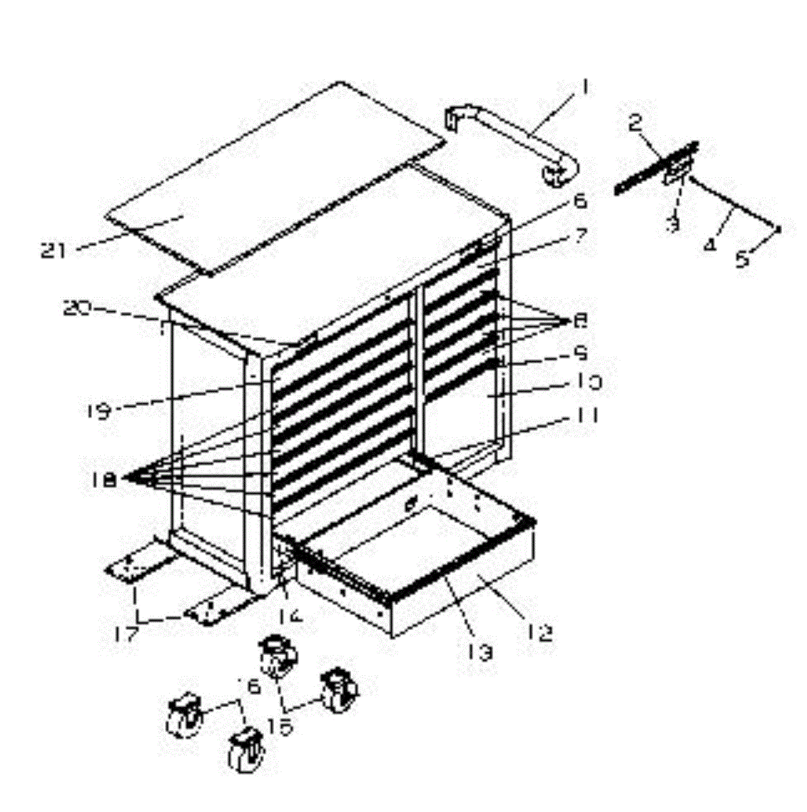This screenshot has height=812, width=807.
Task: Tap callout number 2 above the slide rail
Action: [x=635, y=124]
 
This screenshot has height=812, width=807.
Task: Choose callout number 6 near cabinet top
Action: [x=580, y=202]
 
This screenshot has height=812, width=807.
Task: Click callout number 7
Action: [x=580, y=236]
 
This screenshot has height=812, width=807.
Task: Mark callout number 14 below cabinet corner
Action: [x=286, y=616]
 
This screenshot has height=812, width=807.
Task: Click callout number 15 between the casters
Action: [x=279, y=727]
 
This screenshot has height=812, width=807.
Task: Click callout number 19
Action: [x=100, y=411]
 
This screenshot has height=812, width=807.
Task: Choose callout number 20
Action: [x=76, y=309]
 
